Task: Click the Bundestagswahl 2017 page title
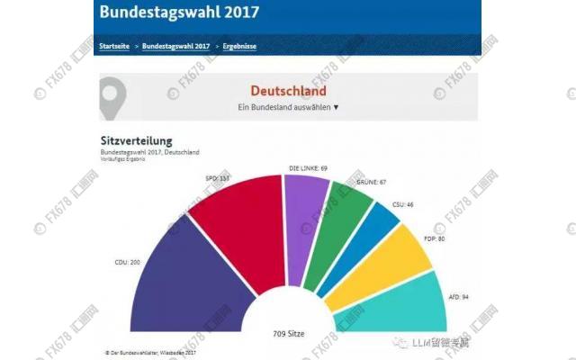point(179,13)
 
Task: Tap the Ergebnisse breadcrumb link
point(238,45)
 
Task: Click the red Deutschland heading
point(287,91)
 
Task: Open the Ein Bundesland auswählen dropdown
point(288,107)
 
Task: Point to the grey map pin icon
point(112,96)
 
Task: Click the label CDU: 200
point(127,263)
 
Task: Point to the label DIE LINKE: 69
point(308,168)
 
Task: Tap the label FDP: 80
point(434,240)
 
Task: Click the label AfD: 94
point(459,296)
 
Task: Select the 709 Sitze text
point(288,334)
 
